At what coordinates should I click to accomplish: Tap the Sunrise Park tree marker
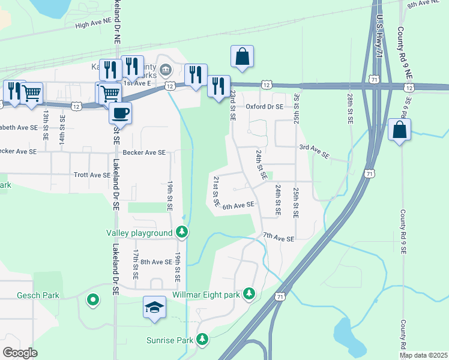click(x=203, y=340)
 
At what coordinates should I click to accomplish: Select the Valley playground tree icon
click(x=182, y=232)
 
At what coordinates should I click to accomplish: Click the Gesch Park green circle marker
click(x=92, y=299)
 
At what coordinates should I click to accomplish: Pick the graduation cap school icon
click(x=154, y=307)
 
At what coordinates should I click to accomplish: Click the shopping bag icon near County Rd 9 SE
click(x=399, y=130)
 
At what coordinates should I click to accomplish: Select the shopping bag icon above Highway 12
click(x=242, y=56)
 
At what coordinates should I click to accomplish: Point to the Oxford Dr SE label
click(x=264, y=107)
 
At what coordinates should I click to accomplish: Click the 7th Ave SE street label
click(x=279, y=238)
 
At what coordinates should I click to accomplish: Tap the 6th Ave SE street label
click(x=238, y=205)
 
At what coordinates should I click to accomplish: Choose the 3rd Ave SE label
click(x=315, y=151)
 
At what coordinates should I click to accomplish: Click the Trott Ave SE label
click(x=92, y=175)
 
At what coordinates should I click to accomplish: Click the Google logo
click(x=20, y=352)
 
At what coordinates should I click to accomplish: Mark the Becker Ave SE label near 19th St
click(x=144, y=152)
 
